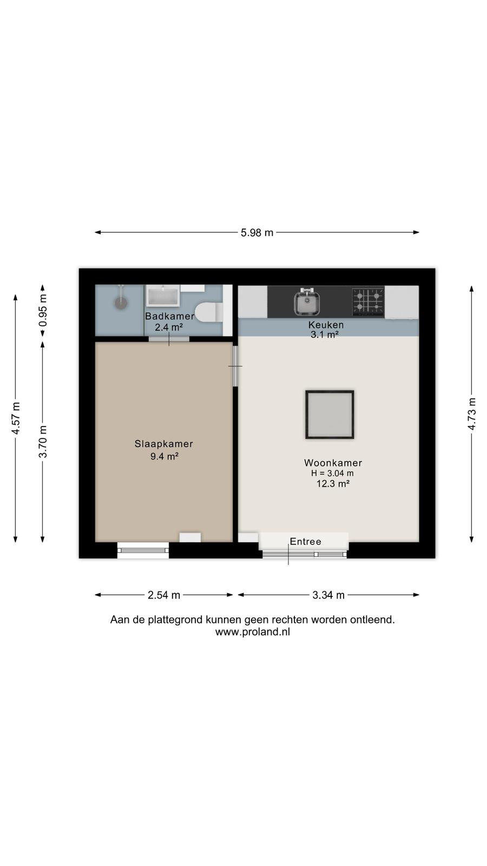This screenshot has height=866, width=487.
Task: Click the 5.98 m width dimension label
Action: pos(257,232)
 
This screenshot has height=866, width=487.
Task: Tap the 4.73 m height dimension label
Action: pos(471,414)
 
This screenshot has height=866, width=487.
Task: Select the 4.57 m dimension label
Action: pos(16,418)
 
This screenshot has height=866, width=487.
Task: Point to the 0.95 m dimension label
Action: pos(43,311)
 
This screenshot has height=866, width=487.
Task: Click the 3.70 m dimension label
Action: pos(43,442)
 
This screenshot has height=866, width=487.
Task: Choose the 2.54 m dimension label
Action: pos(164,595)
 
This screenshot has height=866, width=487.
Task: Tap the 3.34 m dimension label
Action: pos(328,595)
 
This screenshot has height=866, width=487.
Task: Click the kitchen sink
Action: pos(307,301)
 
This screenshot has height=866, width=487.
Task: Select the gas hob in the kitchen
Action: pos(368,301)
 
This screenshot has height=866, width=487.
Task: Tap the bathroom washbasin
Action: pos(163,296)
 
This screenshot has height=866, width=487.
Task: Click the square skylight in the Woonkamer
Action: pos(330,415)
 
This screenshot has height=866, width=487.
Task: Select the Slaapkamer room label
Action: pos(164,444)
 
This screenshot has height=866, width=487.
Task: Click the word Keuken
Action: pos(326,325)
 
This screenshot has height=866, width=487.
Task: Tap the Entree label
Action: pos(305,542)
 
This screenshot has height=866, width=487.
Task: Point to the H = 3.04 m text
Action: pos(332,473)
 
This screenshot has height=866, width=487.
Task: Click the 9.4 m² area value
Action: pos(164,456)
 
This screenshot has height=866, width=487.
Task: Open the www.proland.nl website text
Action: pos(252,632)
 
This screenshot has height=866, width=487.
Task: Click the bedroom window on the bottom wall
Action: pos(143,550)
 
